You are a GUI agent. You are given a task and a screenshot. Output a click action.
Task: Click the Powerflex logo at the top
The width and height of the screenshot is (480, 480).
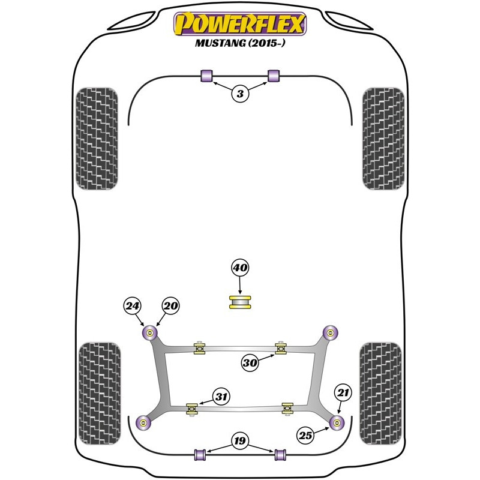pyautogui.click(x=240, y=24)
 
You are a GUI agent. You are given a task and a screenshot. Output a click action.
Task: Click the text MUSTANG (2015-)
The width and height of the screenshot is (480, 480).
pyautogui.click(x=240, y=43)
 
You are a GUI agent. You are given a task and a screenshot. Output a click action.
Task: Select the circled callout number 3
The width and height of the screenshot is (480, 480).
pyautogui.click(x=240, y=94)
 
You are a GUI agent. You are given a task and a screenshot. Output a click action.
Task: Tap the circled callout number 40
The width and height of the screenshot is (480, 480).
pyautogui.click(x=240, y=268)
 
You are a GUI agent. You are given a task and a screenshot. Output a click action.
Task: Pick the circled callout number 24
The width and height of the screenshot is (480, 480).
pyautogui.click(x=132, y=306)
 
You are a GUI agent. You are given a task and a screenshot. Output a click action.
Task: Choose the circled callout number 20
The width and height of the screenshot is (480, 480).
pyautogui.click(x=170, y=305)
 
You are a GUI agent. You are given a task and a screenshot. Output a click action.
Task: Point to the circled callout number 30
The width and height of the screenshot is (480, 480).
pyautogui.click(x=250, y=363)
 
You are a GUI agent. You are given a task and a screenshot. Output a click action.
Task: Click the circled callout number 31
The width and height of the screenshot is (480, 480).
pyautogui.click(x=221, y=397)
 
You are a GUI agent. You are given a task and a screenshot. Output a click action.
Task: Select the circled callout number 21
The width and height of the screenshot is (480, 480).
pyautogui.click(x=343, y=392)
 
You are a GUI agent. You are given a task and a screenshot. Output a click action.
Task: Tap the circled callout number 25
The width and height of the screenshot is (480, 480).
pyautogui.click(x=305, y=436)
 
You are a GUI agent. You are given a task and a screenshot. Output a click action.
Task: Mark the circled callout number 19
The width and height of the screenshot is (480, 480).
pyautogui.click(x=240, y=441)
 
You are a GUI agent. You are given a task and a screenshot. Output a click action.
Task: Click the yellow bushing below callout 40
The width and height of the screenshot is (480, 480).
pyautogui.click(x=240, y=302)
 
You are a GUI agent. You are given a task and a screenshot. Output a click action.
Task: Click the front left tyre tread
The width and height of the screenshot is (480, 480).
pyautogui.click(x=97, y=139)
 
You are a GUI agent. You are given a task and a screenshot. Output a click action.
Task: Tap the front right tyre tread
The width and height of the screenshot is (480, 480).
pyautogui.click(x=383, y=139)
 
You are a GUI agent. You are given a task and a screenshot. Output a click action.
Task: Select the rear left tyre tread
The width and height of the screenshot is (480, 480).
pyautogui.click(x=100, y=394)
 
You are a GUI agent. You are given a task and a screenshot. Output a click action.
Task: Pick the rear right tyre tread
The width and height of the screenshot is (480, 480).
pyautogui.click(x=380, y=394)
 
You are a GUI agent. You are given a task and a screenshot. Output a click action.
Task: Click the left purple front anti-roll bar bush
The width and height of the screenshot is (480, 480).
pyautogui.click(x=206, y=76)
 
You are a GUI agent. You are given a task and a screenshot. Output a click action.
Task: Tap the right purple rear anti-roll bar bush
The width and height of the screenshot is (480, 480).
pyautogui.click(x=280, y=455)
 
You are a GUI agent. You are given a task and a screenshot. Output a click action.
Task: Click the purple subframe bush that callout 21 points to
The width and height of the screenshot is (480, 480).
pyautogui.click(x=337, y=423)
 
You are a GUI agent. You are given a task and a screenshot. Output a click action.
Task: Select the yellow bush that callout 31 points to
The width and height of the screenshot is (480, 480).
pyautogui.click(x=192, y=409)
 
